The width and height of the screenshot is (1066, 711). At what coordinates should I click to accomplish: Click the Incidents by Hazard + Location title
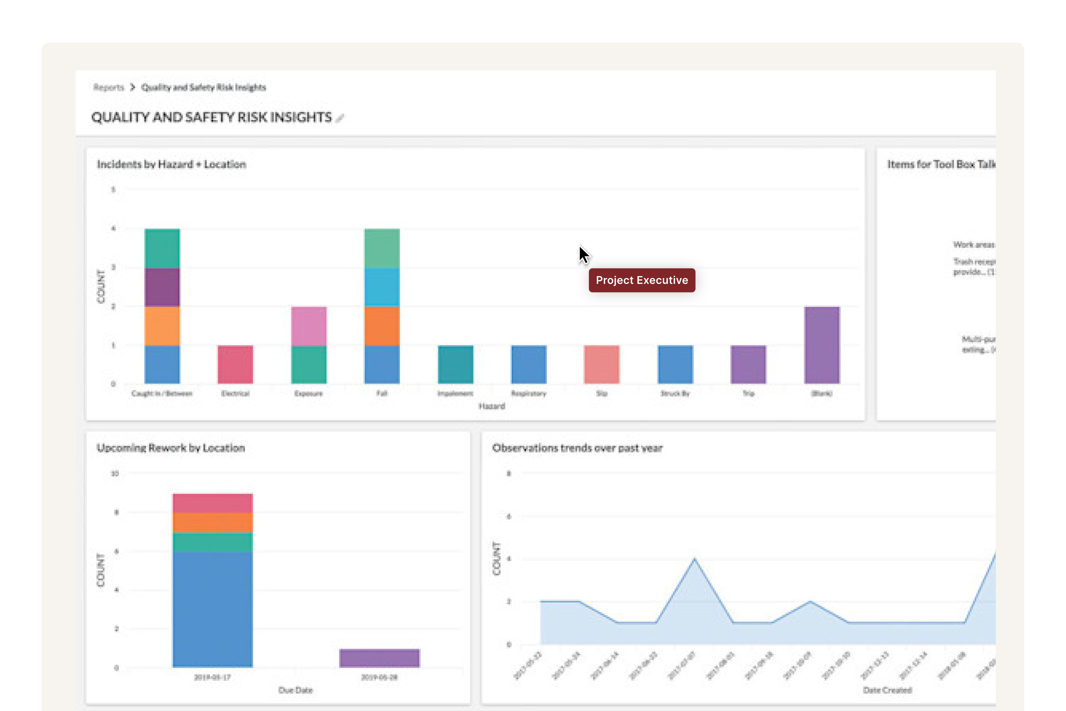171,164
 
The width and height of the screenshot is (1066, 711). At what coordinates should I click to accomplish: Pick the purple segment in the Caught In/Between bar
162,287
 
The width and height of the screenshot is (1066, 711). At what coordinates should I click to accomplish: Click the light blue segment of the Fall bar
382,287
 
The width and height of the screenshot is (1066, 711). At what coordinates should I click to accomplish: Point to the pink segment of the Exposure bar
309,326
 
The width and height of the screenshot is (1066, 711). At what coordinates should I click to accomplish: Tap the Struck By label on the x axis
675,393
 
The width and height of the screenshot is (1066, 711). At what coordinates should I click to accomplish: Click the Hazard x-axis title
492,406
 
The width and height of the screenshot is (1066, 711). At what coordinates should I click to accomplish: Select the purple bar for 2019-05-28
379,658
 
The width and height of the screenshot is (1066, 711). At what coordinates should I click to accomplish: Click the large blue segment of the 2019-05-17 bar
213,609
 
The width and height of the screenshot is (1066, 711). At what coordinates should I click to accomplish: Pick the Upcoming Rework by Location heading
171,448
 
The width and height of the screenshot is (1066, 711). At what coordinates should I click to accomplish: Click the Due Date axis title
296,690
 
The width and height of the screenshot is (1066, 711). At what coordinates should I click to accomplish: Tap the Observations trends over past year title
577,448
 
